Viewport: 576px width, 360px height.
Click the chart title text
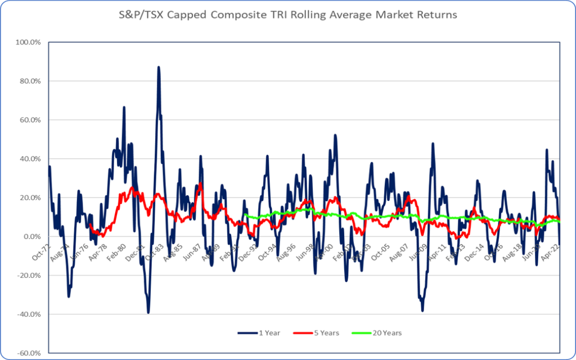(288, 15)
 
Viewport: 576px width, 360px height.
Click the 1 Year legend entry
(259, 333)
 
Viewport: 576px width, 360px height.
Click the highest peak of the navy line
(159, 67)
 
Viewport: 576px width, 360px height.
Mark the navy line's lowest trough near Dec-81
(148, 313)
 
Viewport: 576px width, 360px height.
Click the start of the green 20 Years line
(246, 215)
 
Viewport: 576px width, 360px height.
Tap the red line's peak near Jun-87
(200, 183)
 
